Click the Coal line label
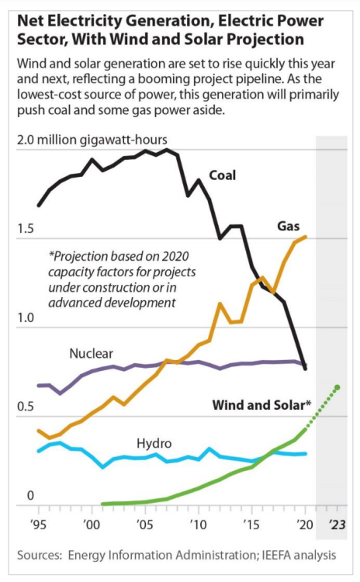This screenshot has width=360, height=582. (222, 175)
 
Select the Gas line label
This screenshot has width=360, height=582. (289, 226)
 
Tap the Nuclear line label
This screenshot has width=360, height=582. (91, 353)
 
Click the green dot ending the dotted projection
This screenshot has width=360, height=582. (337, 387)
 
